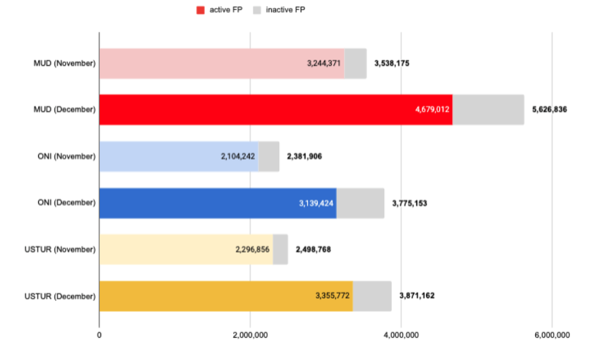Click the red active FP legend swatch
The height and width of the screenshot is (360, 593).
(x=200, y=10)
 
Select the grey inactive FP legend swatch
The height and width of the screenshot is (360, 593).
(x=257, y=10)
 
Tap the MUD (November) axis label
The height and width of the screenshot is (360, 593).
(x=64, y=64)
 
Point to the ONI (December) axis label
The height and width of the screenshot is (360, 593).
(x=66, y=203)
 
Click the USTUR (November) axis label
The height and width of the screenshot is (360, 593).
(x=60, y=250)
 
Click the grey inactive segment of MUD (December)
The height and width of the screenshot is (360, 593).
(x=488, y=110)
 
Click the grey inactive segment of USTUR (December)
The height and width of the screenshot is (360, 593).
(x=372, y=296)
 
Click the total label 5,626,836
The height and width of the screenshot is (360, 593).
(x=549, y=110)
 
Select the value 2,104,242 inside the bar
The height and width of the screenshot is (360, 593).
(x=238, y=156)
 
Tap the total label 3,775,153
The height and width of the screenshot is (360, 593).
(x=410, y=204)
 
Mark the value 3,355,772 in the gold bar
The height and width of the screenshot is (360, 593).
(x=332, y=296)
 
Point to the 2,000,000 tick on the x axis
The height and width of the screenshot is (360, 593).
(x=250, y=335)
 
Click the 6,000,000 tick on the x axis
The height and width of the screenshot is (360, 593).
(x=552, y=335)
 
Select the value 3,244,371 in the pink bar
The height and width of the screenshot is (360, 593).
(x=324, y=64)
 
